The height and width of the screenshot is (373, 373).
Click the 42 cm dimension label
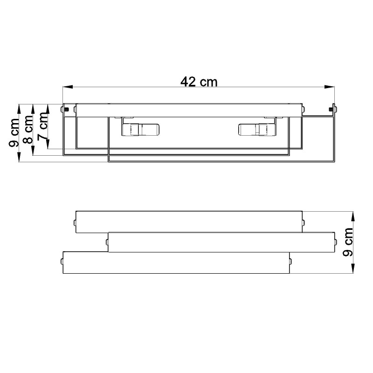[199, 82]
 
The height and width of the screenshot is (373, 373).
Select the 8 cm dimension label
[28, 130]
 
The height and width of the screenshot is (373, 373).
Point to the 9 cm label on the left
[14, 133]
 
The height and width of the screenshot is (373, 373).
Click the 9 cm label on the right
[347, 242]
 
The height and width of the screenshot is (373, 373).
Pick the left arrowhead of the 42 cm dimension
[68, 87]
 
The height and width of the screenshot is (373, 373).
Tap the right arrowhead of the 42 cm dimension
[330, 87]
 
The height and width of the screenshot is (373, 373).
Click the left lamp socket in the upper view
[140, 130]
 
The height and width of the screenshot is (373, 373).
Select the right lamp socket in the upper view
[257, 130]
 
